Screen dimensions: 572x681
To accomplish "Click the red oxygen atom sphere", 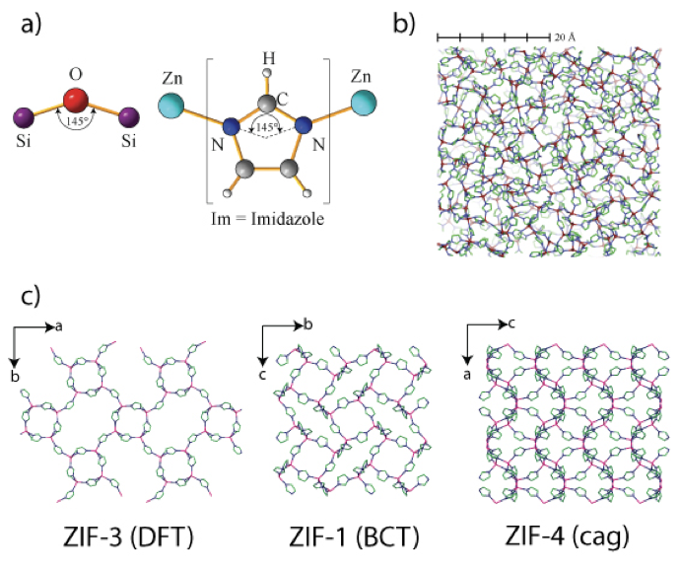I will (74, 101).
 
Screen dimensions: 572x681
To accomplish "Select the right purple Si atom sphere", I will (126, 118).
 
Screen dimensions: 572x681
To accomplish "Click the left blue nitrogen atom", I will (230, 126).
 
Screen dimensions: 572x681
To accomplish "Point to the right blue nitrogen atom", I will (304, 125).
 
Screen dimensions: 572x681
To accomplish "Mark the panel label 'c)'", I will (31, 295).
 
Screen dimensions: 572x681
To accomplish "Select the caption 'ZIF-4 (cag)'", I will (565, 537).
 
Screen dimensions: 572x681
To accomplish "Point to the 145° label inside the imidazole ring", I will (267, 128).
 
